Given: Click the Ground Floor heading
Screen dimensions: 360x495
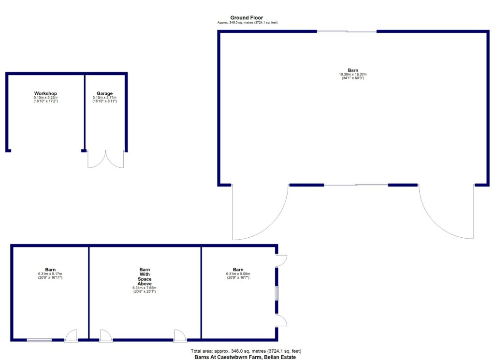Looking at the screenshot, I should click(247, 18).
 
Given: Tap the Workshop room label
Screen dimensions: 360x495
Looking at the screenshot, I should click(45, 93).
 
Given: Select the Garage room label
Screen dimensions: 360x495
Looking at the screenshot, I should click(104, 93).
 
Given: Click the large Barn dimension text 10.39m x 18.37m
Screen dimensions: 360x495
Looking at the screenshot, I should click(352, 74).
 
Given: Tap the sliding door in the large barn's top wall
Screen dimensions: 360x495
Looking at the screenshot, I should click(347, 32).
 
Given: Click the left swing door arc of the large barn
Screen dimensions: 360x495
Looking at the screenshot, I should click(256, 215).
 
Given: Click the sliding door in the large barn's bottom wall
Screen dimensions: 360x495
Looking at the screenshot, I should click(356, 185).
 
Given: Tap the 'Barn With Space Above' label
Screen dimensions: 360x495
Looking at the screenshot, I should click(145, 277).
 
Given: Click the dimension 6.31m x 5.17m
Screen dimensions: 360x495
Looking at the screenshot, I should click(50, 274).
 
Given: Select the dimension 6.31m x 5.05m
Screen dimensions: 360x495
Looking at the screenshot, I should click(238, 274).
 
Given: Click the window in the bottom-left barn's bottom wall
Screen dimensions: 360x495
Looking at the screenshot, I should click(39, 340).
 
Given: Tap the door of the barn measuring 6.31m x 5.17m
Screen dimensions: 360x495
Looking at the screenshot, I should click(71, 336).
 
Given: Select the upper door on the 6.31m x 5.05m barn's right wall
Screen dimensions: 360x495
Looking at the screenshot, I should click(281, 260).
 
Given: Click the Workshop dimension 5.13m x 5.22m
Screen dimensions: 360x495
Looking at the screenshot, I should click(45, 98).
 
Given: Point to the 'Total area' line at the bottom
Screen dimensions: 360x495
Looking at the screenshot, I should click(247, 351).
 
